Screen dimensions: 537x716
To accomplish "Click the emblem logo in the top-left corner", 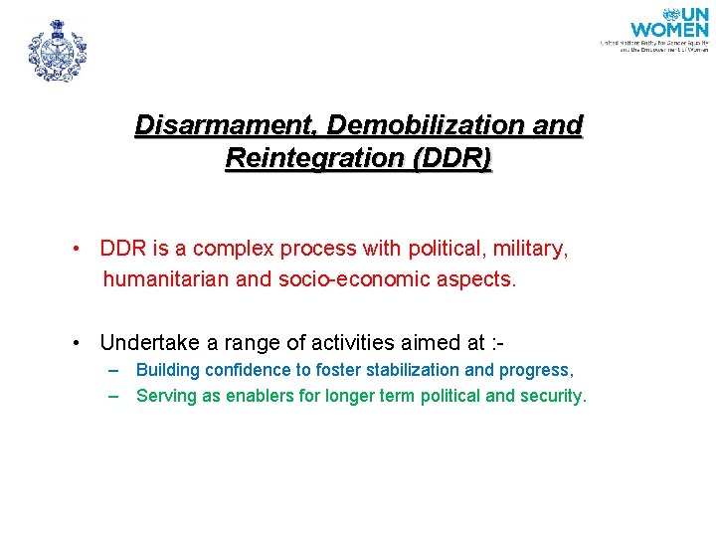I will [x=57, y=50].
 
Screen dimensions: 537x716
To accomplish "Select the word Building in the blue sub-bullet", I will [x=165, y=370].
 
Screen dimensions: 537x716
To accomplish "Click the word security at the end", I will [x=553, y=396].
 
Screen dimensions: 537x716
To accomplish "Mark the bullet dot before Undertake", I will [x=77, y=343].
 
